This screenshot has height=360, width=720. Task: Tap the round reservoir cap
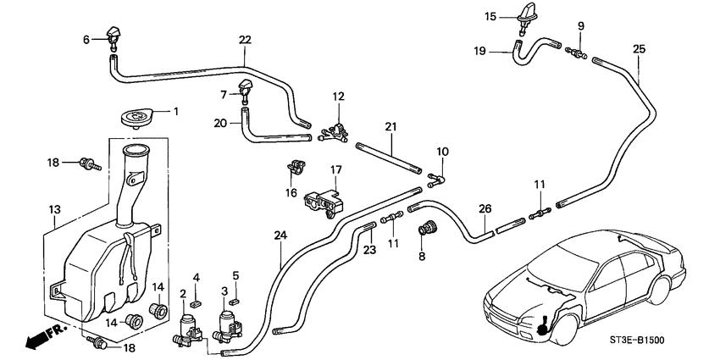(x=139, y=117)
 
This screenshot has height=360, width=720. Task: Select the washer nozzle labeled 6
(x=114, y=36)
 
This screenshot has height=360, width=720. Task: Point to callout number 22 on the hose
(x=245, y=40)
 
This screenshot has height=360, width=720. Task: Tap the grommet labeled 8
(x=428, y=228)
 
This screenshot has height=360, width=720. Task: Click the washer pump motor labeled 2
(x=189, y=328)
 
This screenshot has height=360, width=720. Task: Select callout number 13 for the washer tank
(x=53, y=208)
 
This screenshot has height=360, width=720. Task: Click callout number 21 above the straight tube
(x=390, y=127)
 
